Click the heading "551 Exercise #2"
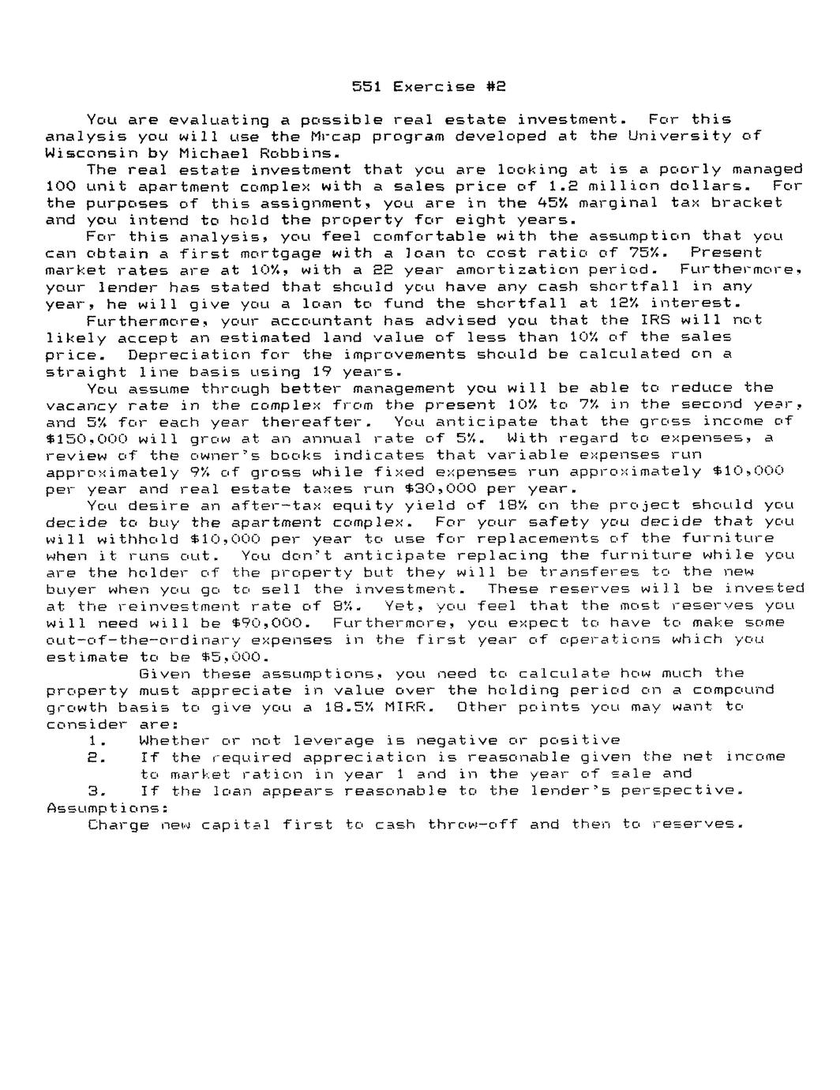pyautogui.click(x=428, y=86)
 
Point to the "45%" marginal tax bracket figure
pyautogui.click(x=538, y=203)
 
